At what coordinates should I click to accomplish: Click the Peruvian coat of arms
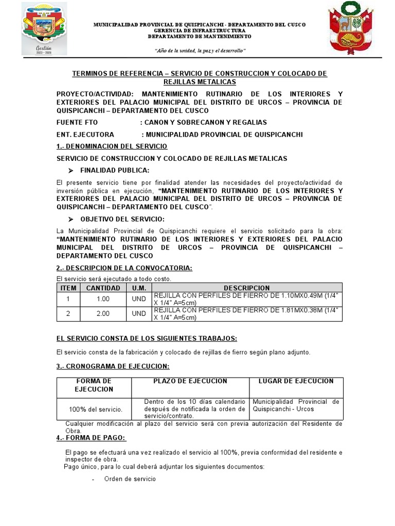[352, 29]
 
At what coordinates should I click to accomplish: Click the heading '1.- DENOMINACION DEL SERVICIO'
[105, 146]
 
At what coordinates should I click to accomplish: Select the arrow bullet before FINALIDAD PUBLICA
[71, 171]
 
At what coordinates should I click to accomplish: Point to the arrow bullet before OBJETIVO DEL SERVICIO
[71, 219]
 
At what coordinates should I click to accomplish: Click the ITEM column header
[68, 288]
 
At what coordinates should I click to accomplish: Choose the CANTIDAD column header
[103, 288]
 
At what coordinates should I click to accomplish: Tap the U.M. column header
[139, 288]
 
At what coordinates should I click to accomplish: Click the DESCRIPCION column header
[246, 288]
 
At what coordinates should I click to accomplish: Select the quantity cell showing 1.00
[103, 299]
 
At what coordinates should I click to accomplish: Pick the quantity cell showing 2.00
[103, 314]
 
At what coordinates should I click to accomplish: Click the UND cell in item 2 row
[139, 314]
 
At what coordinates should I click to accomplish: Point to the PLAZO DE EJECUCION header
[190, 381]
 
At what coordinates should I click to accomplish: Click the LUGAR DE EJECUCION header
[296, 381]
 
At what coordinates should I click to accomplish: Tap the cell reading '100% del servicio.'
[96, 409]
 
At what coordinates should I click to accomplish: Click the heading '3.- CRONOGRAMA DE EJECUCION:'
[112, 366]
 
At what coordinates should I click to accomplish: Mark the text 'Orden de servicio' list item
[130, 479]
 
